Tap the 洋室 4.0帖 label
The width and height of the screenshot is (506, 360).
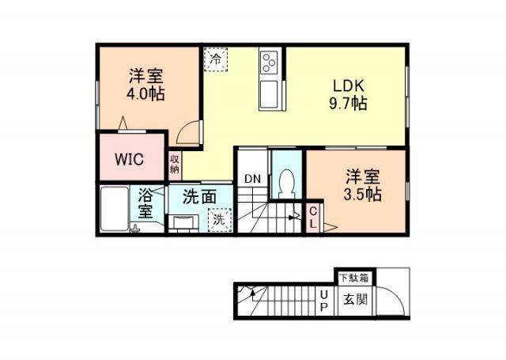pos(146,85)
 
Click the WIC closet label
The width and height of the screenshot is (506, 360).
pos(128,158)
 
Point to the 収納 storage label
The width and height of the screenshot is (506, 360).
pos(174,164)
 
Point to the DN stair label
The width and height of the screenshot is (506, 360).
pos(252,179)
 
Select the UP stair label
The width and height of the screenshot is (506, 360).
pos(323,300)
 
